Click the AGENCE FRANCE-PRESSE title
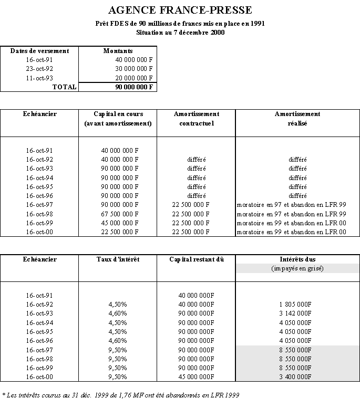(x=180, y=10)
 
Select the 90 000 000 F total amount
(x=135, y=87)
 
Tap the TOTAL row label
(x=64, y=87)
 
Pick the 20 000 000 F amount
(x=135, y=78)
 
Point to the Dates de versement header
(x=39, y=51)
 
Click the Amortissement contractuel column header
(x=196, y=118)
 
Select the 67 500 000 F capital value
(x=119, y=214)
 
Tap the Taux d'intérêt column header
(x=118, y=259)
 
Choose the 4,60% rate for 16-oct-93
(x=117, y=313)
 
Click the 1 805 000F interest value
(x=297, y=305)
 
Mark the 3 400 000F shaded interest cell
(x=297, y=376)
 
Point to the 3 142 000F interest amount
(x=297, y=313)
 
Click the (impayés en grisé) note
(x=297, y=269)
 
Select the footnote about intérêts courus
(x=117, y=395)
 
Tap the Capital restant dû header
(x=196, y=259)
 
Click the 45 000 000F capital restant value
(x=197, y=376)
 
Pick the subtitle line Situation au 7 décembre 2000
(x=180, y=33)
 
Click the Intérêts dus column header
(x=297, y=259)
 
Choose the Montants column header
(x=118, y=51)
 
